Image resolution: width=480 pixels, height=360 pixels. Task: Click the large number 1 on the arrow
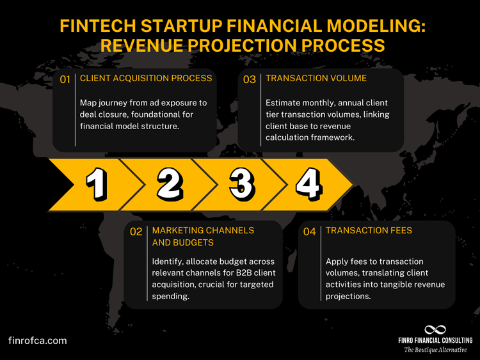coord(96,184)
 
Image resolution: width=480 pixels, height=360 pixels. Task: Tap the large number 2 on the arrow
coord(169,184)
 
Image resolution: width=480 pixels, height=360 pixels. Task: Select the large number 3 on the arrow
coord(241,184)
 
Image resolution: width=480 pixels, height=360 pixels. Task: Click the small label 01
coord(65,80)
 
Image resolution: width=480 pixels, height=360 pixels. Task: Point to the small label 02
coord(136,231)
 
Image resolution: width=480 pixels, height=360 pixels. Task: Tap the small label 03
coord(249,80)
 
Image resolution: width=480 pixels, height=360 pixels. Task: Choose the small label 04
coord(310,231)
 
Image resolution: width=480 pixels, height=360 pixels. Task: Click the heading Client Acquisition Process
coord(146,79)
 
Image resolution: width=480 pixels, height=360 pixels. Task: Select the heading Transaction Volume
coord(316,79)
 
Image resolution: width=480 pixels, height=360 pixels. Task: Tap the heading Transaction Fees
coord(369,230)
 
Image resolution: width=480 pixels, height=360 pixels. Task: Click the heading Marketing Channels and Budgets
coord(203,236)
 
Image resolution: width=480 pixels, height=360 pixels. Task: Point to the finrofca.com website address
coord(37,341)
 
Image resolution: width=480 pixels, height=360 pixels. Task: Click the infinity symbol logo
coord(435,329)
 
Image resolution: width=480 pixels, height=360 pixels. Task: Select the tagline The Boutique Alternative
coord(435,350)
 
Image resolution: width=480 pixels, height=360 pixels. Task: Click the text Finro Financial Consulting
coord(435,340)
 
